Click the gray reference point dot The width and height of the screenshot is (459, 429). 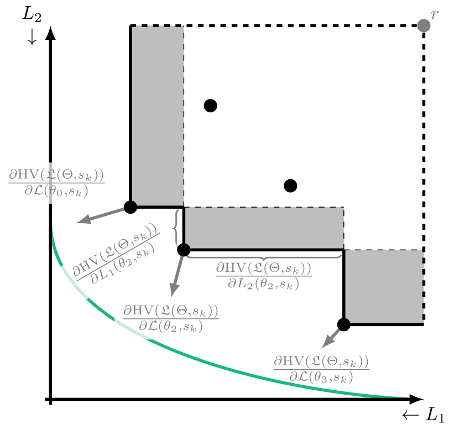tap(424, 25)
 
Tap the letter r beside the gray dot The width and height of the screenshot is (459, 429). tap(434, 14)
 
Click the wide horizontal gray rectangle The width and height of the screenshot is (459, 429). tap(264, 228)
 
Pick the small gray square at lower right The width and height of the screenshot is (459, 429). tap(384, 286)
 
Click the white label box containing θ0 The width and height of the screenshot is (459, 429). tap(56, 183)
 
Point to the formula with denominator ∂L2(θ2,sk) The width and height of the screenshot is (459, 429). tap(263, 276)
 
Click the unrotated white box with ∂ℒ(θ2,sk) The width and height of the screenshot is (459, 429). tap(171, 318)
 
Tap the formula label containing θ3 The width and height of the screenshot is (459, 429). tap(321, 369)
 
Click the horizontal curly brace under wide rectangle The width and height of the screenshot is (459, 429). tap(263, 256)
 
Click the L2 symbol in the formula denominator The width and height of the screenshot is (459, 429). tap(240, 284)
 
